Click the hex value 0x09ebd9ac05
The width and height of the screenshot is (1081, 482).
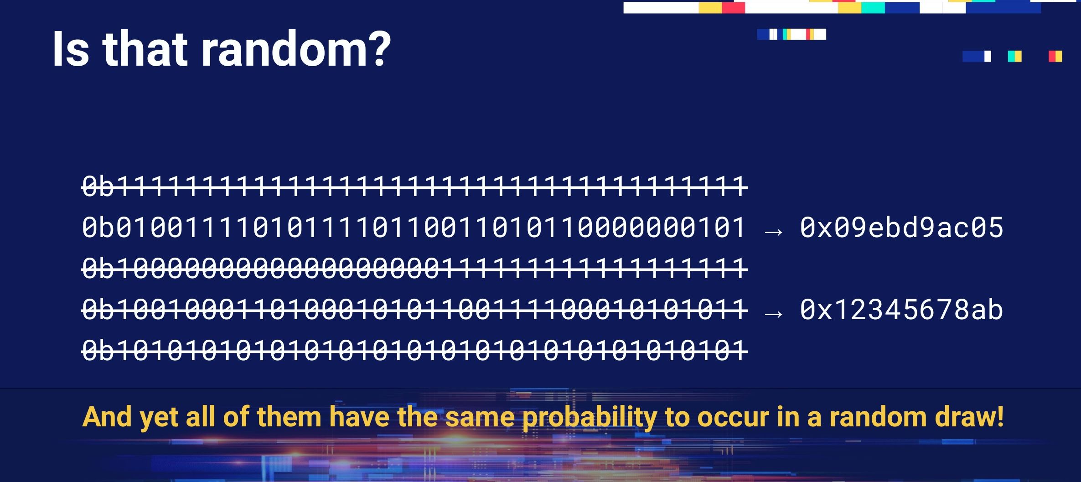[901, 228]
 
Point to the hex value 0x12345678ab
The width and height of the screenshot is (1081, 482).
[901, 310]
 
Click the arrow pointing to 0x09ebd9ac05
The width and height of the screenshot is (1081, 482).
[774, 232]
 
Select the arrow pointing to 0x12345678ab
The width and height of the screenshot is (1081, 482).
[774, 314]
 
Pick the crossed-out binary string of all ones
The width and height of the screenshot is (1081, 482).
[414, 187]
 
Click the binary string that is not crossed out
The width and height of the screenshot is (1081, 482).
[414, 228]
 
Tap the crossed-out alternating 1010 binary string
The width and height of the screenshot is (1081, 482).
[414, 351]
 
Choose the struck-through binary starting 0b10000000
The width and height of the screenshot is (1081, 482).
[414, 269]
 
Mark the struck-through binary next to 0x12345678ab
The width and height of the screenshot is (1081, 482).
[414, 310]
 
